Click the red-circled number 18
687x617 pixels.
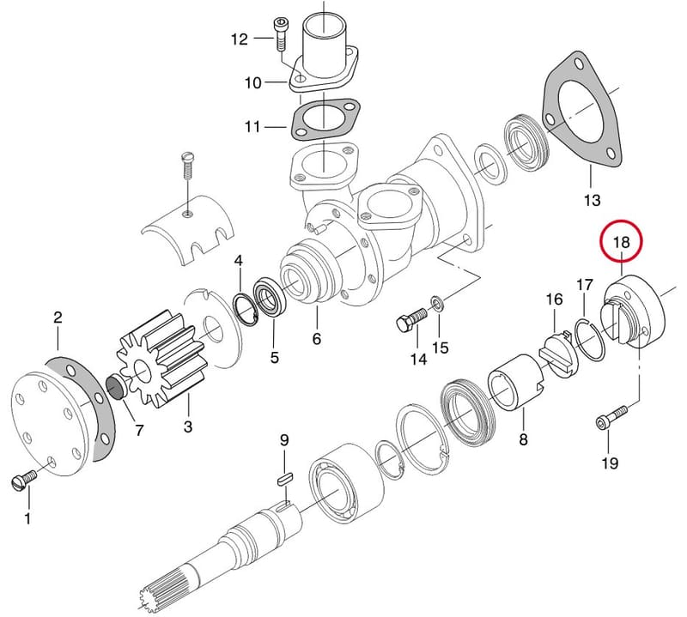click(x=621, y=242)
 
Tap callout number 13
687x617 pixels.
click(x=592, y=201)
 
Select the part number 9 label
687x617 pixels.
click(x=285, y=440)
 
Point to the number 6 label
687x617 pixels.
click(x=317, y=338)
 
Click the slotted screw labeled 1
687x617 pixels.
click(x=25, y=480)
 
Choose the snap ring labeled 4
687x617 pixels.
click(x=245, y=311)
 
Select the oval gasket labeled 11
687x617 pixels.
click(x=324, y=119)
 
